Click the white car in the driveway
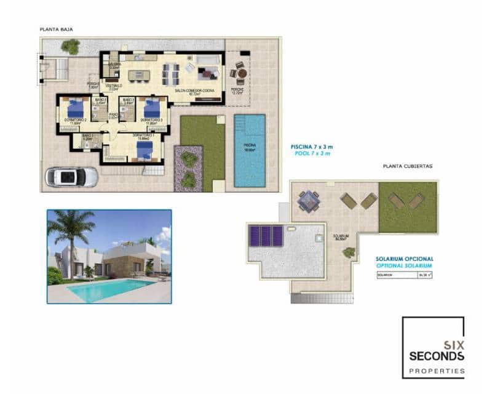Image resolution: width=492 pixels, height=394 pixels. (72, 177)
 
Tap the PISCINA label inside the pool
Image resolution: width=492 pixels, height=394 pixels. (249, 145)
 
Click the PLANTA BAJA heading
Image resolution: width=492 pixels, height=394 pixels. (57, 29)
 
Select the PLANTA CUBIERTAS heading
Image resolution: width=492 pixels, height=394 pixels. (408, 166)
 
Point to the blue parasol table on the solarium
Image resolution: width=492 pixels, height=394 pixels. (307, 200)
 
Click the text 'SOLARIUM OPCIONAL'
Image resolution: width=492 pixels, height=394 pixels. (405, 259)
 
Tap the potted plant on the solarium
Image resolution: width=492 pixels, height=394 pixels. (349, 252)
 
